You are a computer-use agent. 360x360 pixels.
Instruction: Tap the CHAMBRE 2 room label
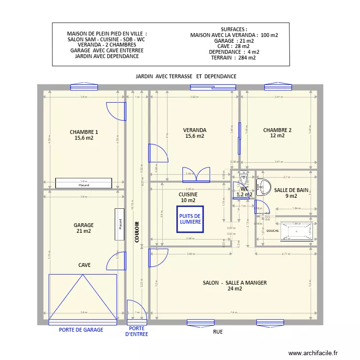pyautogui.click(x=277, y=132)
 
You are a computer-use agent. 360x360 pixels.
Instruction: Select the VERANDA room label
pyautogui.click(x=194, y=133)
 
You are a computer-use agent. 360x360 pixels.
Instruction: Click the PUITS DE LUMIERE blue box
pyautogui.click(x=190, y=219)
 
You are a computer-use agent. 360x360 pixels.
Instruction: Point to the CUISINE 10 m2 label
pyautogui.click(x=188, y=197)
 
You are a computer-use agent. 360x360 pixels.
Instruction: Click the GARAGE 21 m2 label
pyautogui.click(x=84, y=228)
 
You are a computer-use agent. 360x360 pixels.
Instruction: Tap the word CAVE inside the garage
pyautogui.click(x=84, y=265)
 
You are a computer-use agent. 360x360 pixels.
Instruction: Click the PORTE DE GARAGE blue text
pyautogui.click(x=81, y=330)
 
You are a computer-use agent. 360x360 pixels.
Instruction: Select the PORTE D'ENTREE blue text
pyautogui.click(x=136, y=332)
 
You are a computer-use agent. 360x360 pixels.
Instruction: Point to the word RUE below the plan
pyautogui.click(x=217, y=332)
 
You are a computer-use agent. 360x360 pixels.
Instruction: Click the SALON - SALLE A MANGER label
pyautogui.click(x=235, y=286)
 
